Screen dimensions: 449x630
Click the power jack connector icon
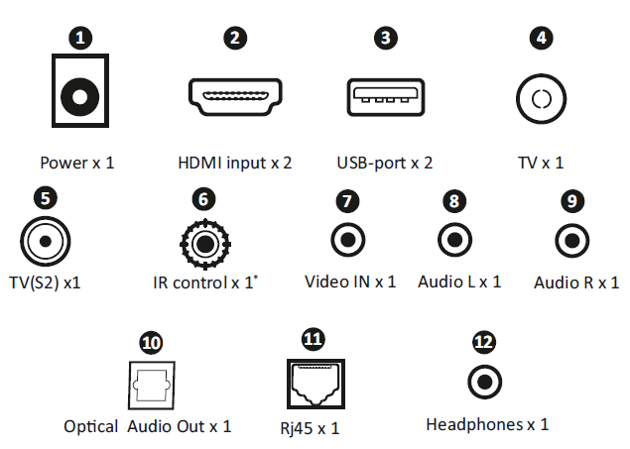point(79,97)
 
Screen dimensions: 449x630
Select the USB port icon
point(385,96)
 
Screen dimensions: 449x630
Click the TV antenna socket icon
point(541,99)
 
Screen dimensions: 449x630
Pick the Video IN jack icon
point(348,240)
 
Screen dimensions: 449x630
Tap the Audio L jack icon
point(455,240)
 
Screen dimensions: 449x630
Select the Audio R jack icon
point(570,240)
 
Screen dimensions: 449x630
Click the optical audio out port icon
point(150,382)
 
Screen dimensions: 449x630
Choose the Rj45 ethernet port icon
point(312,382)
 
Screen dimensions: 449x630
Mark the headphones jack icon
point(483,381)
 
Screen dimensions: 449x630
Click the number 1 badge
point(80,39)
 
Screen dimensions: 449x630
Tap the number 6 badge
point(202,198)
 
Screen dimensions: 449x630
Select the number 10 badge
point(150,343)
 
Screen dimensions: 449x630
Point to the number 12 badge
point(483,342)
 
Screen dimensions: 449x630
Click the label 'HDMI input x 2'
point(234,162)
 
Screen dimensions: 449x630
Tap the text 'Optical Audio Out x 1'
point(148,426)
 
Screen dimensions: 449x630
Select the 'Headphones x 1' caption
point(486,424)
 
